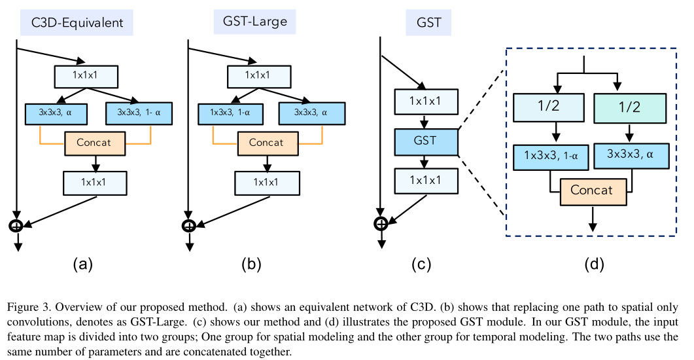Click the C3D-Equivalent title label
(x=77, y=22)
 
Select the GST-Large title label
(x=251, y=22)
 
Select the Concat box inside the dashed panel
(x=591, y=190)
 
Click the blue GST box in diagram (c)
(x=426, y=141)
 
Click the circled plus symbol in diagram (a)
(x=16, y=225)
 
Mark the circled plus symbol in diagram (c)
(x=381, y=223)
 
